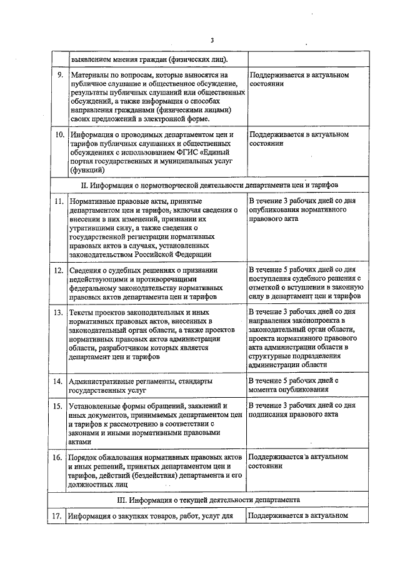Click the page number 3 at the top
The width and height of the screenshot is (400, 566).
point(212,41)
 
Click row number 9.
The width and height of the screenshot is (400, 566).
point(59,76)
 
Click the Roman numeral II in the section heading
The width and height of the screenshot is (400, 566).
point(84,186)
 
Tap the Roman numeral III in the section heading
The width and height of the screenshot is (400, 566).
point(122,500)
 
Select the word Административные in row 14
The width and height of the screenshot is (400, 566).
point(102,381)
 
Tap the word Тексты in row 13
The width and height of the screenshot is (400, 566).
point(83,311)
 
